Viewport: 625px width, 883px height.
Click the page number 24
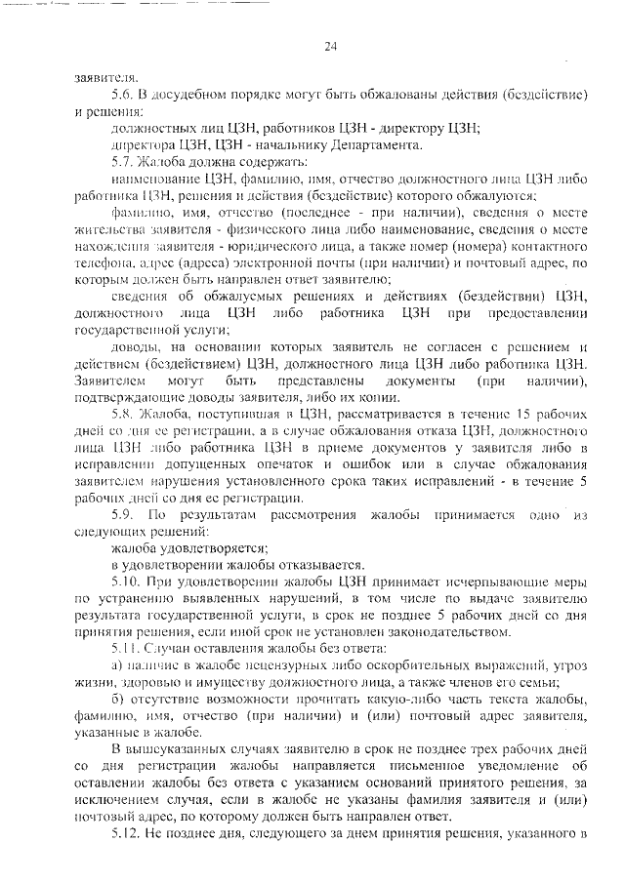pos(330,46)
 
